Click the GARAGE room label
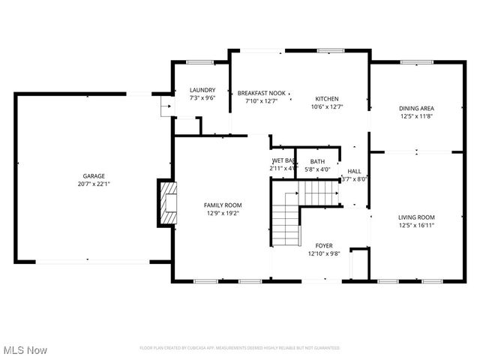point(94,175)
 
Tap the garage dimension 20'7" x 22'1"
point(94,184)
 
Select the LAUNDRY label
point(202,90)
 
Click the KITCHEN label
point(326,99)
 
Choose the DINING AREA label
point(416,109)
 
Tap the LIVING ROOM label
point(416,217)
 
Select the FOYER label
point(324,245)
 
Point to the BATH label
point(318,161)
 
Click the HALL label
point(354,171)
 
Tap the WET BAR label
point(283,160)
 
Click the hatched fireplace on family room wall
point(167,202)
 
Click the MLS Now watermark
point(25,350)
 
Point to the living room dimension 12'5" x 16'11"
point(416,225)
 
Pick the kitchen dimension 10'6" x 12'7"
point(326,107)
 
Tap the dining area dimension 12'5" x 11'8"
point(416,117)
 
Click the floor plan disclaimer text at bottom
point(240,348)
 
